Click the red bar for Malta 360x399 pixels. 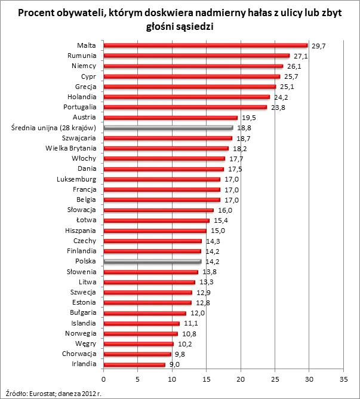click(x=205, y=45)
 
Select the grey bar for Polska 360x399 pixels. click(x=152, y=261)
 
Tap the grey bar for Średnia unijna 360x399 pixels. click(x=168, y=128)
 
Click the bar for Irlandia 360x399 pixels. click(x=134, y=364)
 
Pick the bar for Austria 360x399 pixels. click(x=170, y=118)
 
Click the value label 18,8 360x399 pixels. click(x=243, y=128)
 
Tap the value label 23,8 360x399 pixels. click(x=277, y=108)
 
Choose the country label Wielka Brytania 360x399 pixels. click(x=71, y=148)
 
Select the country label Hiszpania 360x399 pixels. click(x=81, y=230)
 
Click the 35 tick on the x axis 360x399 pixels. click(x=343, y=379)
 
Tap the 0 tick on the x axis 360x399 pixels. click(x=104, y=379)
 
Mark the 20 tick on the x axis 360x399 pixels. click(x=241, y=379)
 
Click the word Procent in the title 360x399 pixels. click(x=36, y=13)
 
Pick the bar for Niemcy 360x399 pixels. click(x=193, y=66)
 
